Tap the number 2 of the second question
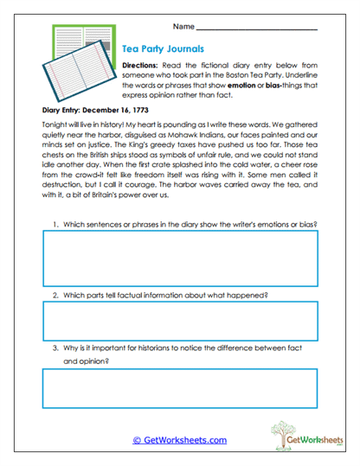tap(55, 295)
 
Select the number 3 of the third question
tap(55, 350)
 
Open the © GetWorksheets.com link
tap(179, 440)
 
